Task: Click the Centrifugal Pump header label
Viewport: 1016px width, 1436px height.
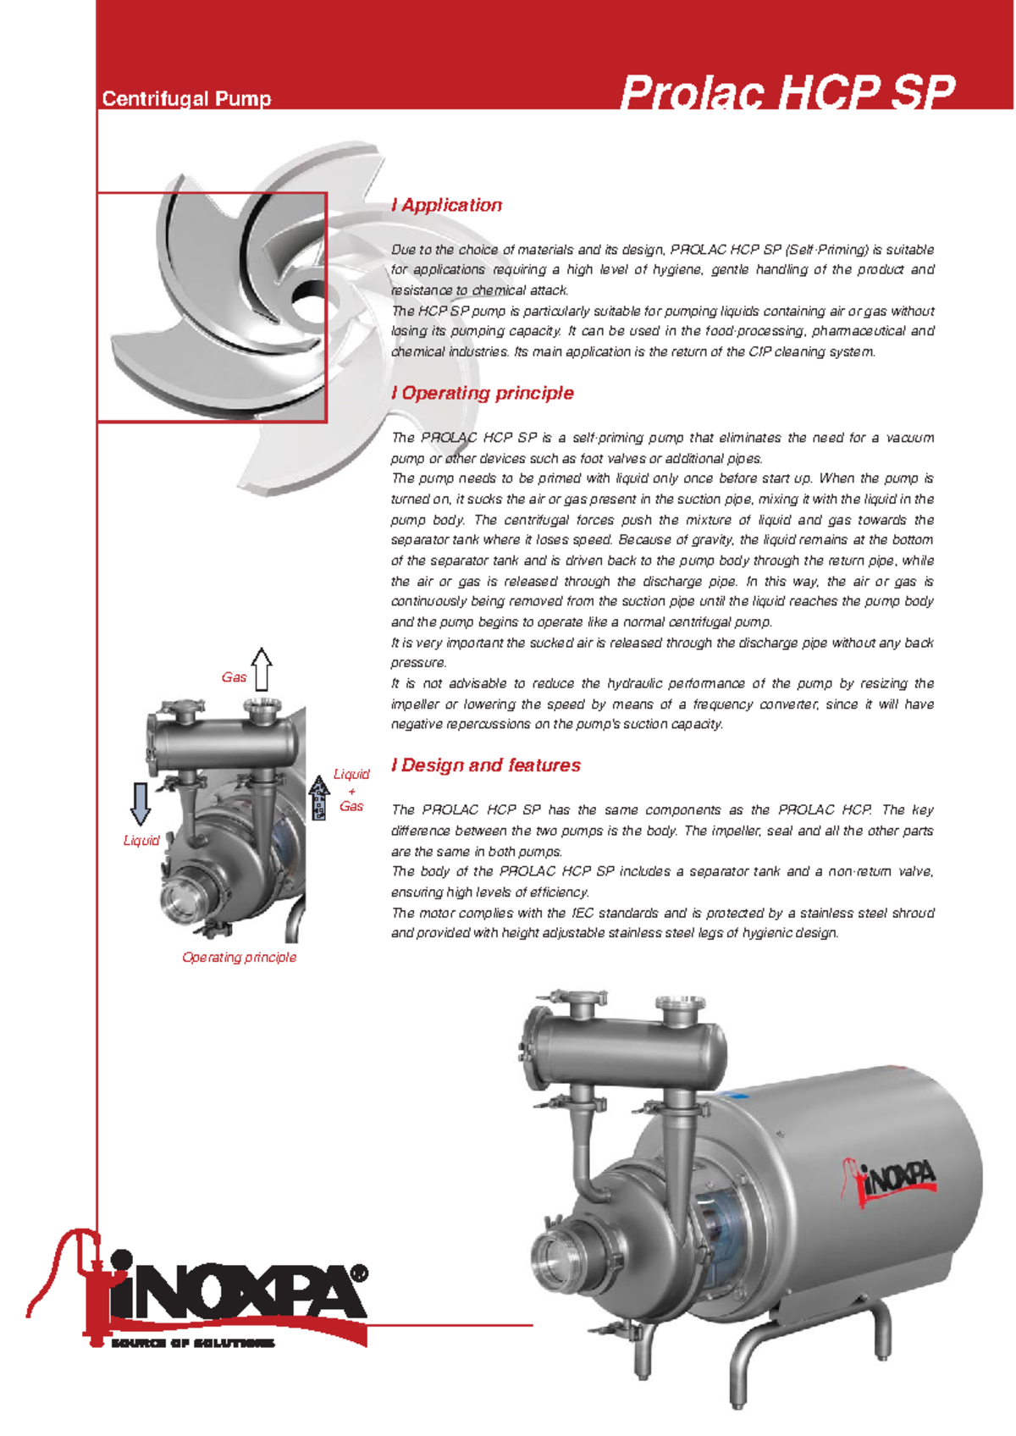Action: click(186, 99)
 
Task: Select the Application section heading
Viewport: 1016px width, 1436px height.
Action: click(447, 205)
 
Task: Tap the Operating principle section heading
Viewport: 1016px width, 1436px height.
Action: click(483, 393)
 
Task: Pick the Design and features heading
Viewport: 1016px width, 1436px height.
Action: click(486, 765)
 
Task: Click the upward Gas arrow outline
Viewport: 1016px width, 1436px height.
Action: click(262, 669)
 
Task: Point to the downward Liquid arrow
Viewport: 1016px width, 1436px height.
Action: click(141, 804)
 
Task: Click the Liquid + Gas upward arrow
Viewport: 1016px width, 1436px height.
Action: click(319, 798)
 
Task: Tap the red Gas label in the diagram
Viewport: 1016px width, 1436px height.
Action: click(234, 677)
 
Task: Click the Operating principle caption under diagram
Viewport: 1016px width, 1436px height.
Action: click(240, 958)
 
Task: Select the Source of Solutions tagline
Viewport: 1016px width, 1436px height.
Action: click(193, 1343)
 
